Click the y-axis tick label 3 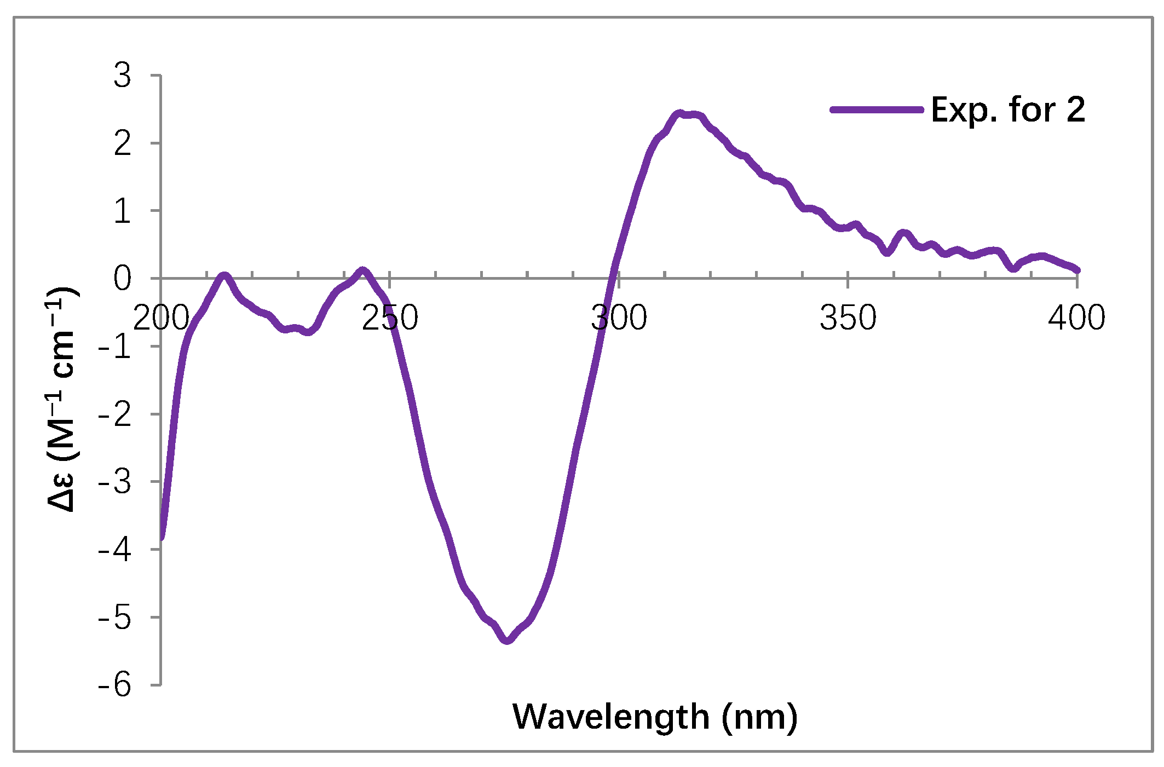click(x=123, y=76)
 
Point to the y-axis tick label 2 click(x=123, y=143)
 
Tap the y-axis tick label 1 click(x=123, y=211)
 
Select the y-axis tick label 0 click(x=123, y=279)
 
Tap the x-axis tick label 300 click(x=619, y=318)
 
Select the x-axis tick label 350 click(x=848, y=318)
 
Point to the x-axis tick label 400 click(x=1076, y=318)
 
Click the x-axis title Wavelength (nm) click(x=655, y=717)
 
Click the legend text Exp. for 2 click(x=1007, y=109)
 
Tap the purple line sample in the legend click(x=877, y=109)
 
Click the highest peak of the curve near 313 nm click(x=679, y=113)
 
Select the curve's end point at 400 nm click(x=1077, y=270)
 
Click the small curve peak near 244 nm click(x=362, y=270)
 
